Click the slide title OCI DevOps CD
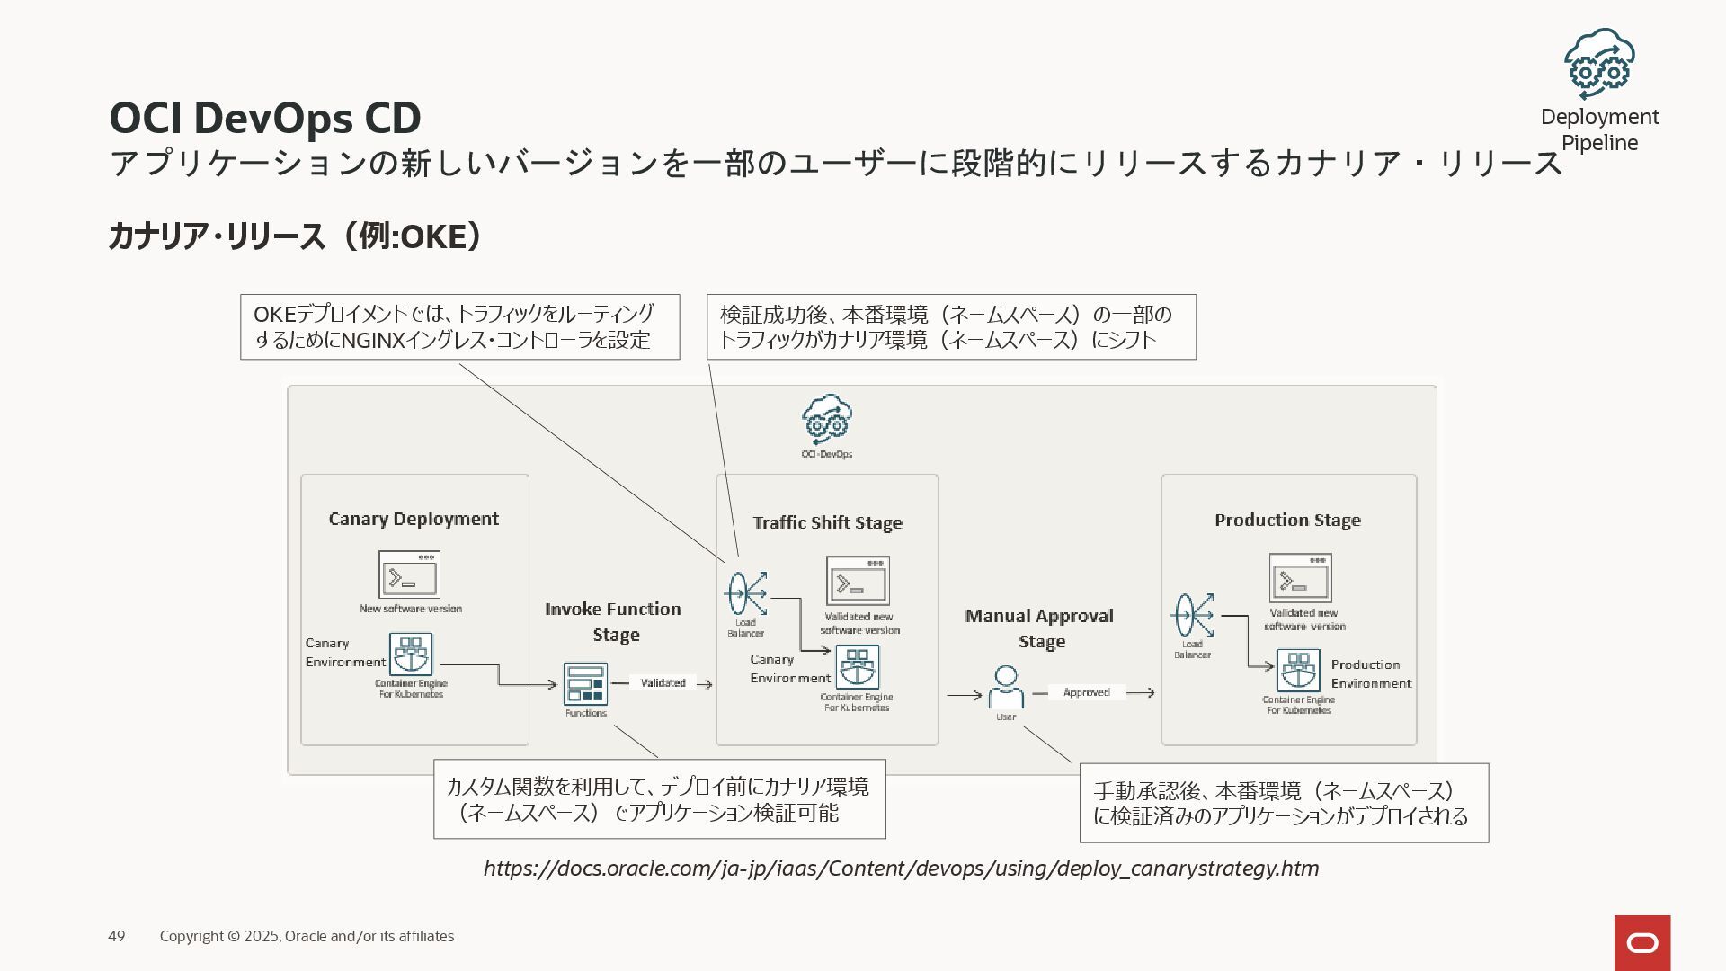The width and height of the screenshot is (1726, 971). tap(265, 118)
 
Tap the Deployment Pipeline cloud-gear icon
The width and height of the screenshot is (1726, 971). tap(1598, 63)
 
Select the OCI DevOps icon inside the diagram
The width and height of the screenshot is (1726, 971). tap(827, 419)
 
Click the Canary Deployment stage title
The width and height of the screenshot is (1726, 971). tap(414, 519)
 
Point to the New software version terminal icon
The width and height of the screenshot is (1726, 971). tap(409, 575)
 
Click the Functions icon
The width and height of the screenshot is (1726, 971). tap(585, 684)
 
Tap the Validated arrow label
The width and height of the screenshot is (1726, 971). tap(663, 683)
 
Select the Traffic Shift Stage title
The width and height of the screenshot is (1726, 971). tap(827, 522)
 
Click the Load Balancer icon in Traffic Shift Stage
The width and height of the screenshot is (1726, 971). tap(746, 593)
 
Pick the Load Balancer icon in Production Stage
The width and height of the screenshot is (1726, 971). tap(1192, 616)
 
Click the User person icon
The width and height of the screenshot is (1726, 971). tap(1006, 687)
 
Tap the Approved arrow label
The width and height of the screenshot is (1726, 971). tap(1086, 692)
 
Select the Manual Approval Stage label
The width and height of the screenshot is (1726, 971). tap(1040, 628)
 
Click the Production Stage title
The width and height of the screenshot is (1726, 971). tap(1287, 520)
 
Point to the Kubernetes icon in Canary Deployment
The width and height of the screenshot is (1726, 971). tap(411, 655)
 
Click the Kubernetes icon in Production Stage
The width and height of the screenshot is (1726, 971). tap(1298, 671)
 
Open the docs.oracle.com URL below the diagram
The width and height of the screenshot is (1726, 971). tap(901, 869)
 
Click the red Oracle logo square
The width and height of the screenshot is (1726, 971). tap(1641, 943)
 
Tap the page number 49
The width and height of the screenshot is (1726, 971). tap(117, 936)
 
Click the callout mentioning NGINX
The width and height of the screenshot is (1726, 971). tap(459, 327)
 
